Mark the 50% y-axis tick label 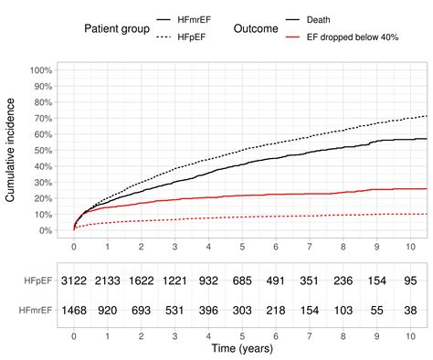point(42,151)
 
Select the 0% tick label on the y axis point(45,230)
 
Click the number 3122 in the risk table point(74,282)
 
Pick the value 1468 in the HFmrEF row point(74,312)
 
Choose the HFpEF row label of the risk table point(37,282)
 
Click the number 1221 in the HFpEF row point(175,282)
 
